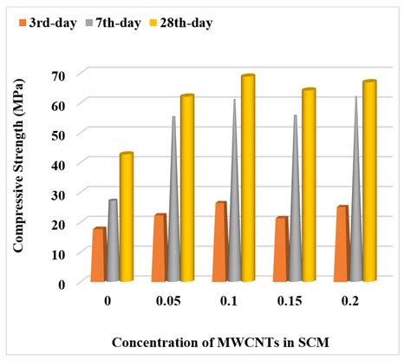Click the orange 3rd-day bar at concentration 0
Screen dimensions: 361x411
pyautogui.click(x=99, y=256)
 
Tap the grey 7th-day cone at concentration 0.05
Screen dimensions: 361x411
pyautogui.click(x=173, y=217)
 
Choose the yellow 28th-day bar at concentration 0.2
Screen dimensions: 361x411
pyautogui.click(x=369, y=182)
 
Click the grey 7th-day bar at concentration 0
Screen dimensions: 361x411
pyautogui.click(x=113, y=241)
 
